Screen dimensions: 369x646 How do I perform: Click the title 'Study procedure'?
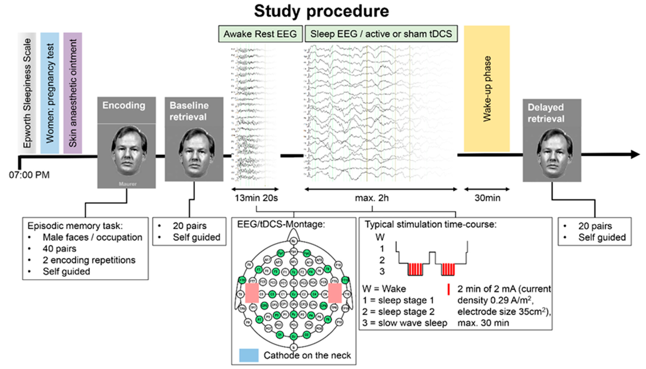[x=321, y=11]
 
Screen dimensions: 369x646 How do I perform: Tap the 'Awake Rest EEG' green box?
[x=260, y=34]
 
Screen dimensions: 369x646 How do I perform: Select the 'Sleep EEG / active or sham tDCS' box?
[x=381, y=34]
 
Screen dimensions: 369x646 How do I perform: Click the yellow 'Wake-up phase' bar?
[x=487, y=89]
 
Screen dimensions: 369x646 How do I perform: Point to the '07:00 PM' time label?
[x=29, y=175]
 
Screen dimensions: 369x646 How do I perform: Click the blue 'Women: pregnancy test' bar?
[x=50, y=93]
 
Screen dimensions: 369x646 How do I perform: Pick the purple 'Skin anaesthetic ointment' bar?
[x=73, y=93]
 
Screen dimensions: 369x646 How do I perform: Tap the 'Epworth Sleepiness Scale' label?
[x=27, y=93]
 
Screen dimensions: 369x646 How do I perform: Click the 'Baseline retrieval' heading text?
[x=189, y=111]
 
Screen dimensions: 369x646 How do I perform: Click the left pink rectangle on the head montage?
[x=252, y=293]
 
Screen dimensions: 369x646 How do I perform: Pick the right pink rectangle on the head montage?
[x=335, y=293]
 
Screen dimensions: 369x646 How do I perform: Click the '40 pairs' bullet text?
[x=59, y=249]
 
